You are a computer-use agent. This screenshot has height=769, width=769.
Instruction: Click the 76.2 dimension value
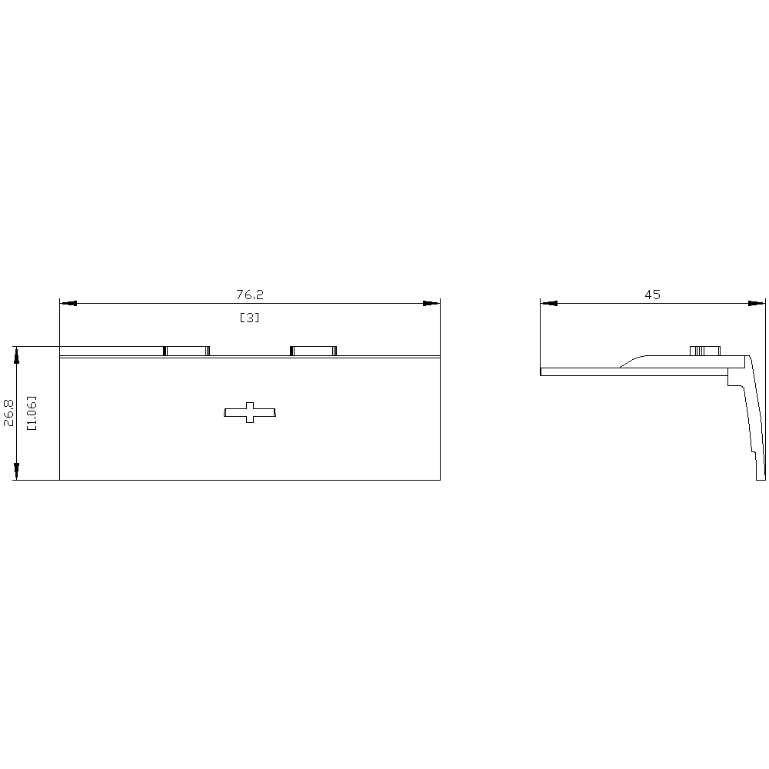coord(250,295)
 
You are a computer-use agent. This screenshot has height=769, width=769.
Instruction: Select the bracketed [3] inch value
coord(250,318)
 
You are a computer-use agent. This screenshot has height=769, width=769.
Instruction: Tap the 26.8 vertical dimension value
coord(8,412)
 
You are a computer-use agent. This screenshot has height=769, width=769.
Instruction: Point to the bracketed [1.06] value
coord(32,413)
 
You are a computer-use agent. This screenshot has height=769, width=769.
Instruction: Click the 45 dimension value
coord(652,295)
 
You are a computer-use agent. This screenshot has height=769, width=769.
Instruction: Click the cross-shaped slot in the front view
coord(250,412)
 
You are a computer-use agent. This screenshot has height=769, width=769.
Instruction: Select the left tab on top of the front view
coord(186,351)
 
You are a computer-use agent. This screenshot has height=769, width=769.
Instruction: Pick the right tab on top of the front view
coord(314,351)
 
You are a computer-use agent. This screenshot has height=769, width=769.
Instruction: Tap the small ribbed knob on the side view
coord(704,351)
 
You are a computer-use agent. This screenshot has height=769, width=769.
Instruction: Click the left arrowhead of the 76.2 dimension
coord(68,304)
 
